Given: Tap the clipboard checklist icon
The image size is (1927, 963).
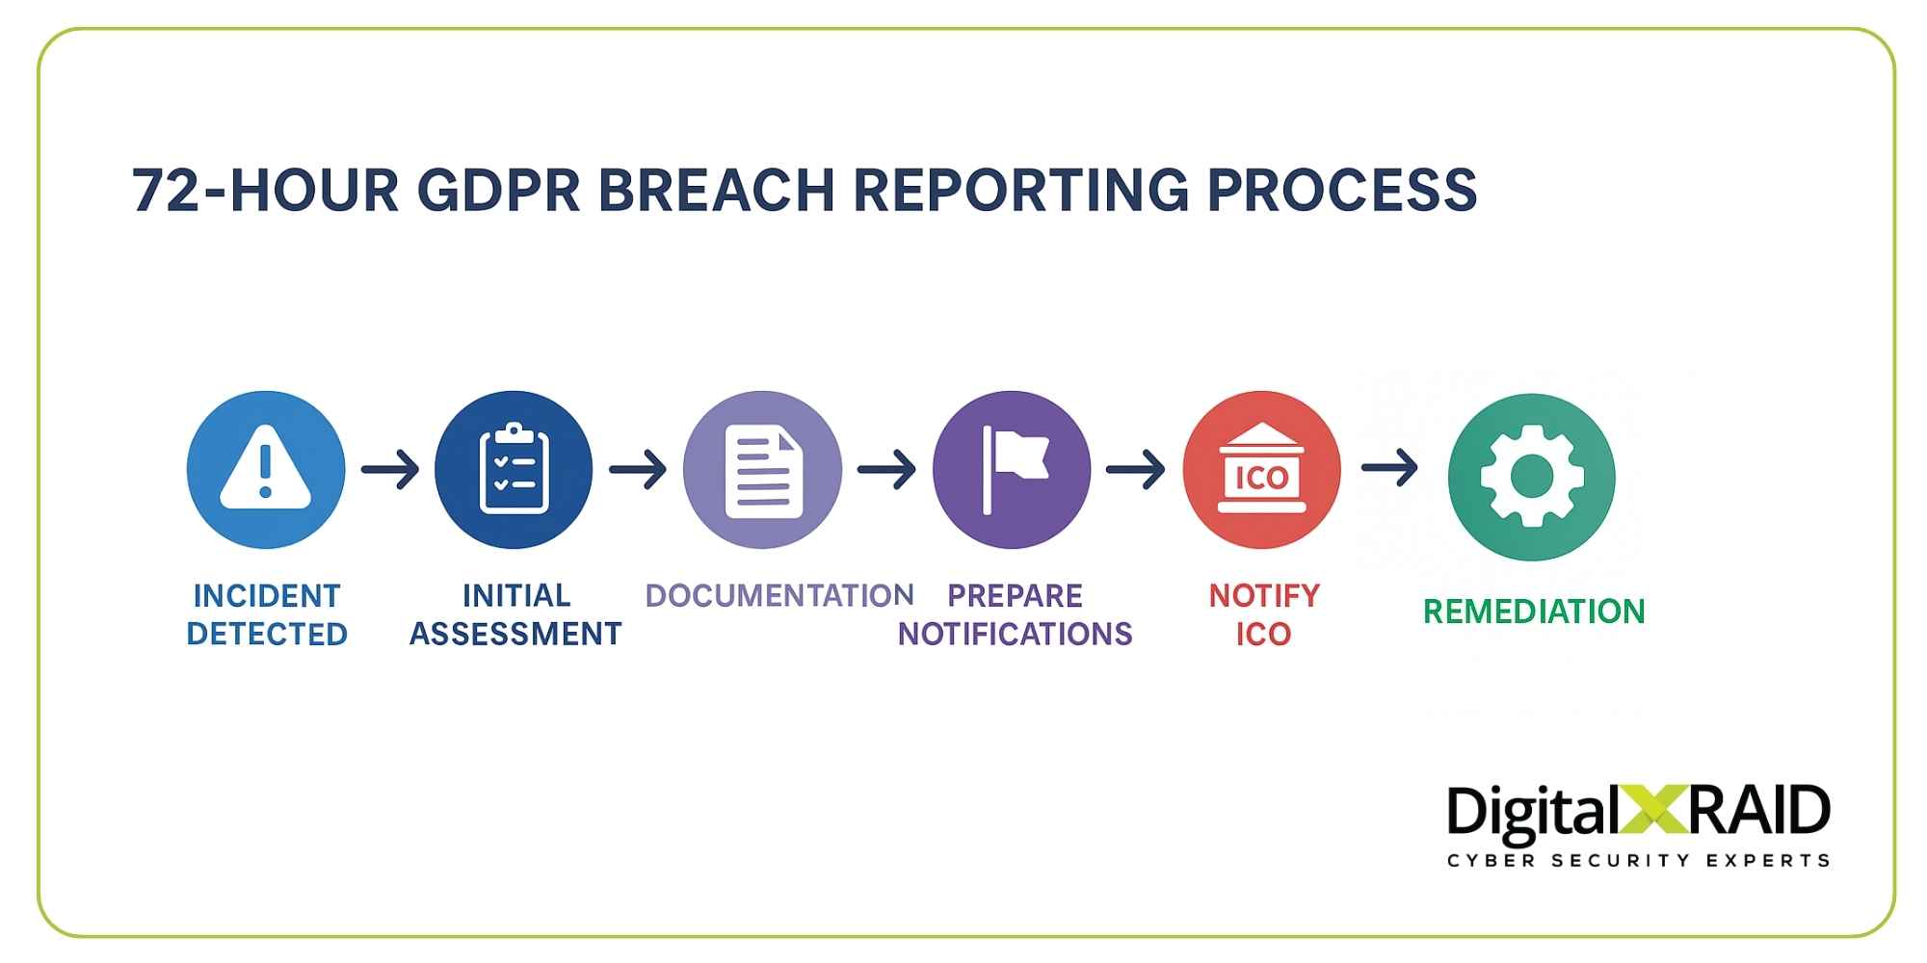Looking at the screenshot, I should point(514,470).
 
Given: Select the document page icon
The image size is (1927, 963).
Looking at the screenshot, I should point(763,472).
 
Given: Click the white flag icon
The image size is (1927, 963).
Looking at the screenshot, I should point(1014,469).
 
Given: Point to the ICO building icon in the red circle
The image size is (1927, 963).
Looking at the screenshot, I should point(1262,469).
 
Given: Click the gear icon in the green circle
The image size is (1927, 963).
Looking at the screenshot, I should point(1532,477).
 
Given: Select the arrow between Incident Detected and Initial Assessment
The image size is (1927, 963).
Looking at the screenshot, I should point(390,470).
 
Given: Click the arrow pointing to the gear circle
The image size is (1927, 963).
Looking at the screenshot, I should point(1390,468).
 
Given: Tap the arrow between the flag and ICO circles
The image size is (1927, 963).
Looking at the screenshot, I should point(1136,470).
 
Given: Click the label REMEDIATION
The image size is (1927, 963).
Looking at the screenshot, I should point(1534,612).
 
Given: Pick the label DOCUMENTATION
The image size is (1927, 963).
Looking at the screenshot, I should point(779,595).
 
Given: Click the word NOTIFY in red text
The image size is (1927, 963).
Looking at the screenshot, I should point(1264,596).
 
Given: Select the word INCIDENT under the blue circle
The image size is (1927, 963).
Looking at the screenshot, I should point(267,596).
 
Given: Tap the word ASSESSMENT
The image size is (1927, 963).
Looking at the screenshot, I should point(515,634).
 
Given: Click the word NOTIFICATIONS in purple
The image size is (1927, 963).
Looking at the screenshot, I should point(1015,634).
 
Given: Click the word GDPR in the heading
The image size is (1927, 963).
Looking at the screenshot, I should point(498,190).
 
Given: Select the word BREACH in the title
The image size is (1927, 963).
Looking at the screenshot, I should point(716,190).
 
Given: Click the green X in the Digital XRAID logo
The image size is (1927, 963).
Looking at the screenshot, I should point(1653,810).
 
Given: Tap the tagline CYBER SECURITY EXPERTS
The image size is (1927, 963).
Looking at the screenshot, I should point(1638,860).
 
